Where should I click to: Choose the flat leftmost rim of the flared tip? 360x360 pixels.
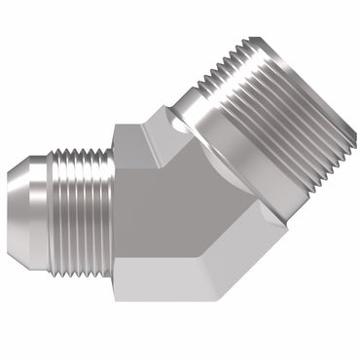[11, 198]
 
